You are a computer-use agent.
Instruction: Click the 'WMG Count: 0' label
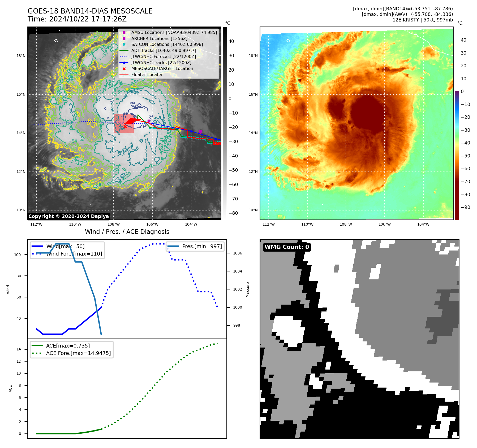point(287,247)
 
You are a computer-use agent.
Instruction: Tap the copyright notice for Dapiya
point(68,216)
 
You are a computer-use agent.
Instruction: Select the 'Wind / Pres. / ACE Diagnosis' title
point(127,232)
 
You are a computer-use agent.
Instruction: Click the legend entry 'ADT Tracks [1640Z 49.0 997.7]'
point(164,50)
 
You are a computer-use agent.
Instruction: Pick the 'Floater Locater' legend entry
point(147,74)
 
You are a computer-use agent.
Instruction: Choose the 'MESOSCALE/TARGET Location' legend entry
point(162,68)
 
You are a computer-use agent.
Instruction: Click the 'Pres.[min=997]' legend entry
point(202,246)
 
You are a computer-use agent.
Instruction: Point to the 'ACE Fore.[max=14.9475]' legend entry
point(78,353)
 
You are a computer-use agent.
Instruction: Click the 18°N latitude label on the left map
point(21,56)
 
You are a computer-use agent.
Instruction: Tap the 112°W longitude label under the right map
point(269,224)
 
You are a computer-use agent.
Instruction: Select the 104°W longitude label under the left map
point(191,224)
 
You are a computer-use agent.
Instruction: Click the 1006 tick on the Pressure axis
point(238,253)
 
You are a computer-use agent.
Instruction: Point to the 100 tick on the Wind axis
point(17,255)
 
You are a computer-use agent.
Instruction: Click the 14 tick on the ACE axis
point(19,349)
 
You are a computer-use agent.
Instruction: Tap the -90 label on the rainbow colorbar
point(465,207)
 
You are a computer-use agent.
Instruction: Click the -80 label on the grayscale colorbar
point(233,213)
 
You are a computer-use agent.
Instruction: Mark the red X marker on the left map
point(125,126)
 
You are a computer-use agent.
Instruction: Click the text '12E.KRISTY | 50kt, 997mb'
point(423,20)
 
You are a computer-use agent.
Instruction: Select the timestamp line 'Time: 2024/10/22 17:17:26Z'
point(77,19)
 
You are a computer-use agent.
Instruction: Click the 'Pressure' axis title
point(248,289)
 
